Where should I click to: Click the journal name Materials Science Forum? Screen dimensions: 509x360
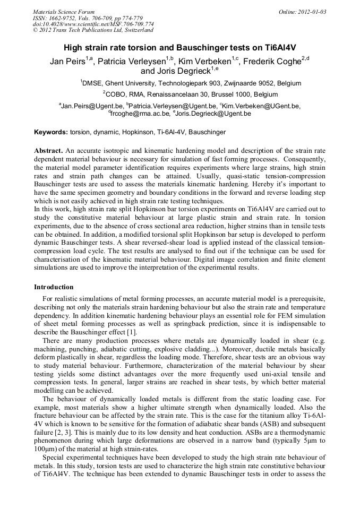click(64, 12)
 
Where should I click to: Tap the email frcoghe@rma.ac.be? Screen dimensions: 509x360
click(139, 113)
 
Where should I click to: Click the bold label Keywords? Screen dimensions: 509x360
click(50, 132)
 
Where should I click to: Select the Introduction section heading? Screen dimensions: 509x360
click(54, 287)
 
